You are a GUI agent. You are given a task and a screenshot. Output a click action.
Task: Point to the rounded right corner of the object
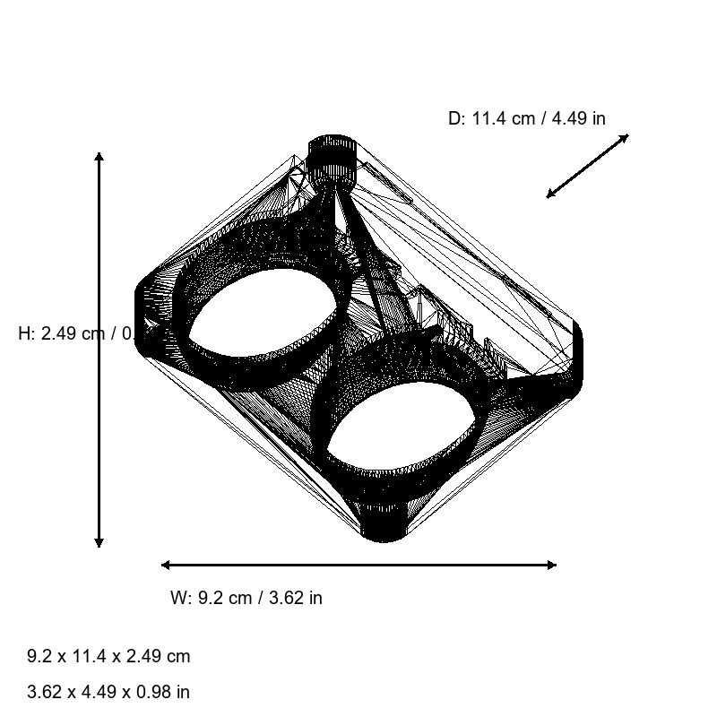(x=575, y=358)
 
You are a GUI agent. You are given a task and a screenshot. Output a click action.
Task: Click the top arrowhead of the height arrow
(x=99, y=158)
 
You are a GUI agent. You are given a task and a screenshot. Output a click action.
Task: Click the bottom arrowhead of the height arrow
(x=99, y=541)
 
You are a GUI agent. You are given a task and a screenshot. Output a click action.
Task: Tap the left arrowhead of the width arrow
(x=167, y=565)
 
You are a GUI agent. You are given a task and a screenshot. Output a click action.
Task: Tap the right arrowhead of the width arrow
(x=550, y=565)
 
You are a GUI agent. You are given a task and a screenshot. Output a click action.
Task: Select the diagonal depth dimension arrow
(x=588, y=166)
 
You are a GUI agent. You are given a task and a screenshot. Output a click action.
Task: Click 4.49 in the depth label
(x=567, y=118)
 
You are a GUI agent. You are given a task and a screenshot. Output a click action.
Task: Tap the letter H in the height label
(x=25, y=333)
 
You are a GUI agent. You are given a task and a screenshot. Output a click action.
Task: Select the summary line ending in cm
(x=108, y=656)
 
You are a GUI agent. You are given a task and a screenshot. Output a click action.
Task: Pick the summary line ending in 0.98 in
(x=108, y=692)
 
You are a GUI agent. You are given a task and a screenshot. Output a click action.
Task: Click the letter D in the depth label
(x=454, y=118)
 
